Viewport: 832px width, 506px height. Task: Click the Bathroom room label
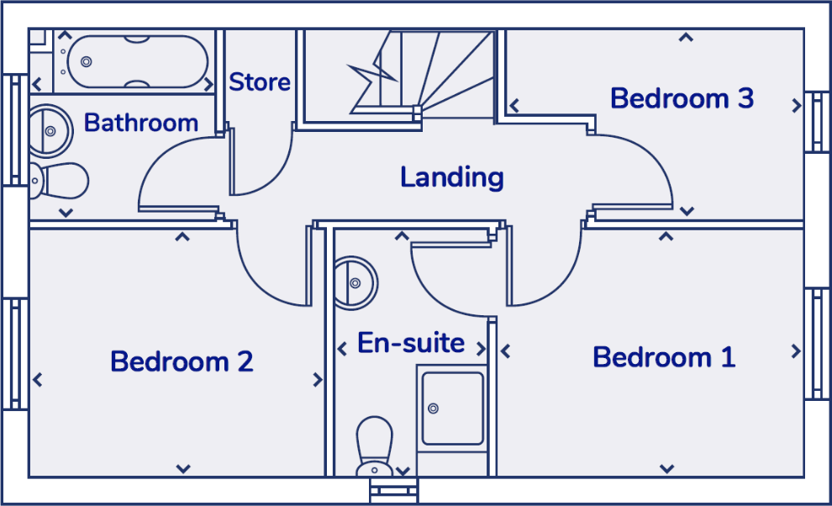click(141, 123)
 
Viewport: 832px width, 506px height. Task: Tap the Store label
click(260, 82)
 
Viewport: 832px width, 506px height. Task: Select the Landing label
click(451, 177)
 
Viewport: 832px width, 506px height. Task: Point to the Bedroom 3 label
click(682, 98)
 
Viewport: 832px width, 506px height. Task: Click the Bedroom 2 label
click(182, 361)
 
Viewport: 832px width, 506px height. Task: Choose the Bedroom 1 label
click(664, 357)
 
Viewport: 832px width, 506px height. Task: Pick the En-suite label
click(411, 343)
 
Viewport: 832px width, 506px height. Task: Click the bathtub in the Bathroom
click(138, 61)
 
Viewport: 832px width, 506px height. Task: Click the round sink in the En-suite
click(354, 281)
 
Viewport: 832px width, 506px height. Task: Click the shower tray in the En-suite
click(452, 408)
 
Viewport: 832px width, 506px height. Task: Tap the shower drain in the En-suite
click(434, 408)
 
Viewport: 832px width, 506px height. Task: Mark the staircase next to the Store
click(399, 74)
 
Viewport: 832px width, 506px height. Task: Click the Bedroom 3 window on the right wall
click(815, 122)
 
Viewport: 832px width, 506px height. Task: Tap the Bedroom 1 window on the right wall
click(815, 344)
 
